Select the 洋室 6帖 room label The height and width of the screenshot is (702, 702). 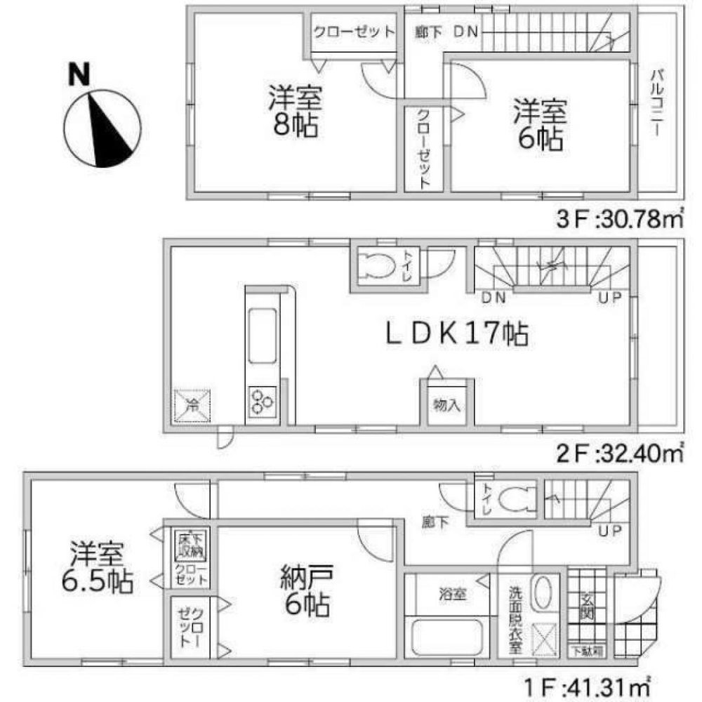[x=539, y=125]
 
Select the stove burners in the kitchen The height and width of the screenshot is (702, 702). [x=262, y=402]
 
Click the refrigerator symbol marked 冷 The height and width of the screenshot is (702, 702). [x=191, y=405]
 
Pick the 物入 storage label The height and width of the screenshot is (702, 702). [x=447, y=405]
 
